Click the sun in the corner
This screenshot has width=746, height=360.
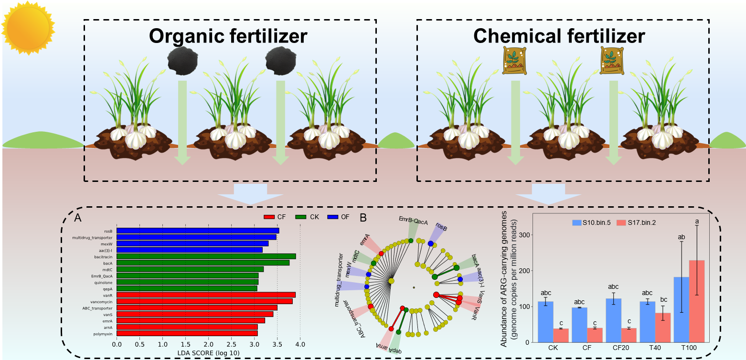[x=28, y=28]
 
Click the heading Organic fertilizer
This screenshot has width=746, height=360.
[x=228, y=37]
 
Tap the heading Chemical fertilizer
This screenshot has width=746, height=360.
[x=559, y=37]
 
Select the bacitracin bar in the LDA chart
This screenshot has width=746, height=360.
[x=206, y=256]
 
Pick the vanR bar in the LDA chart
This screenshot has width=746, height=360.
[x=206, y=295]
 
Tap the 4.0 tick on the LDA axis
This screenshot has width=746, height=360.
[x=300, y=344]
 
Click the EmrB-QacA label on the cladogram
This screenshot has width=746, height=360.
[x=413, y=221]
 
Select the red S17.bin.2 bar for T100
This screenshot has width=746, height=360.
[x=697, y=301]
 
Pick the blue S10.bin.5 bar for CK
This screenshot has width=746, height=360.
[x=545, y=321]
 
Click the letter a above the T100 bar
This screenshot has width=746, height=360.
[x=697, y=222]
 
